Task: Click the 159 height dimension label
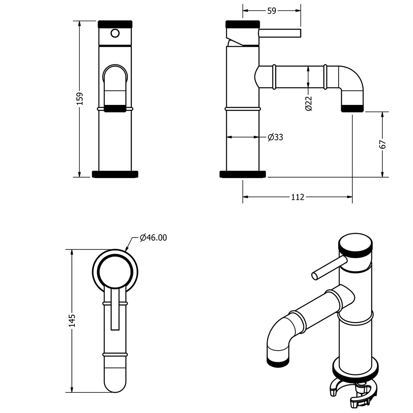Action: (80, 99)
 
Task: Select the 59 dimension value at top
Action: (272, 11)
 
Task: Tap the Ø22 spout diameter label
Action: (309, 104)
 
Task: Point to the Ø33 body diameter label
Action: (275, 137)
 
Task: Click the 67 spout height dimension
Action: (383, 144)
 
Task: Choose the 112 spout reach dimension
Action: (298, 197)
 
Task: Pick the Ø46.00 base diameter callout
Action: (153, 237)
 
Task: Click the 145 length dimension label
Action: (72, 320)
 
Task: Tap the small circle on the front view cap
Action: (115, 33)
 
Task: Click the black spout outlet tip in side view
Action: (352, 109)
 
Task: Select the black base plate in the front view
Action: (115, 174)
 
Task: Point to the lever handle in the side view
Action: (280, 33)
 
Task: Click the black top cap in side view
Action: (242, 24)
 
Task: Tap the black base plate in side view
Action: (242, 174)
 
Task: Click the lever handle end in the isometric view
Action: (315, 276)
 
